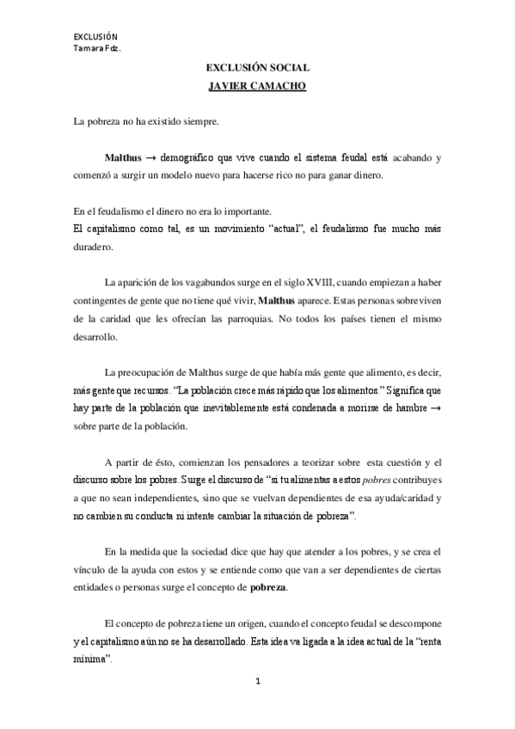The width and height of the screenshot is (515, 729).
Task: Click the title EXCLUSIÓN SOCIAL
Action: point(257,67)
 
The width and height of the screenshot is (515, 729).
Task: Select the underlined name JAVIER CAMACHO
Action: point(257,86)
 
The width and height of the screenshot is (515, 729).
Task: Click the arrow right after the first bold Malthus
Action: point(150,159)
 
